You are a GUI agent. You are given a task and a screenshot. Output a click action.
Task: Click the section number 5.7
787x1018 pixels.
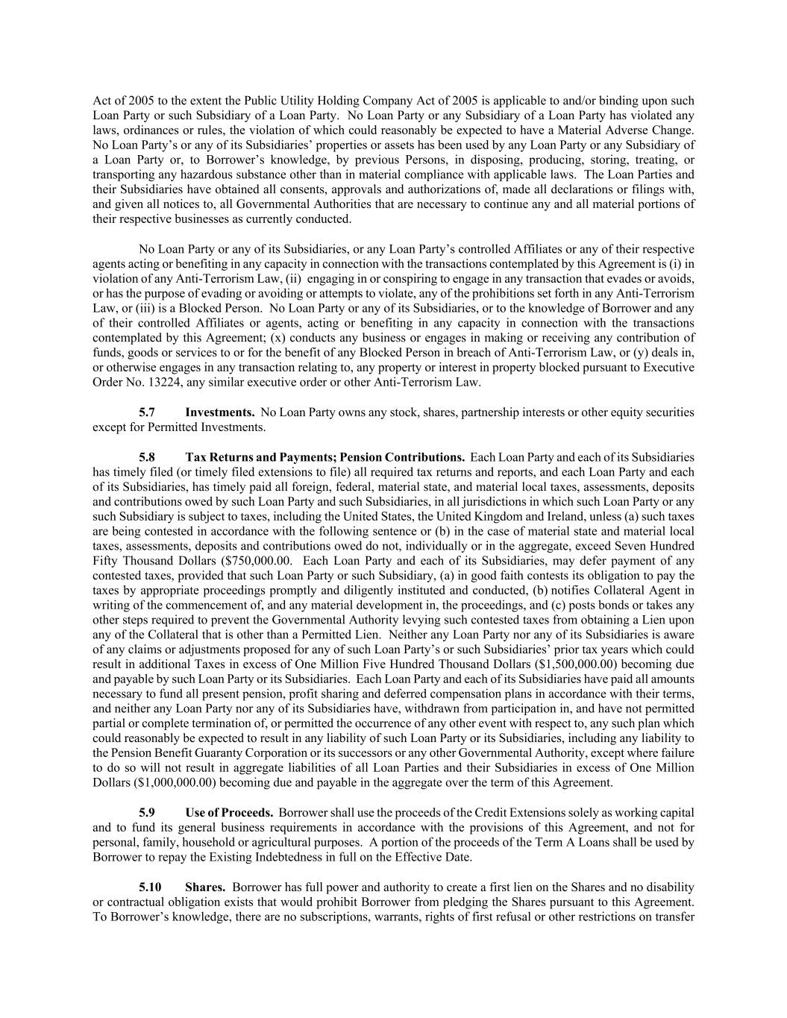click(147, 412)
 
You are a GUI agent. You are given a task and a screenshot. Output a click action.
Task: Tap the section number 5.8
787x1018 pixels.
click(147, 457)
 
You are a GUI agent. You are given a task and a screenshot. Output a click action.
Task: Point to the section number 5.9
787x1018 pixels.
click(147, 812)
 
